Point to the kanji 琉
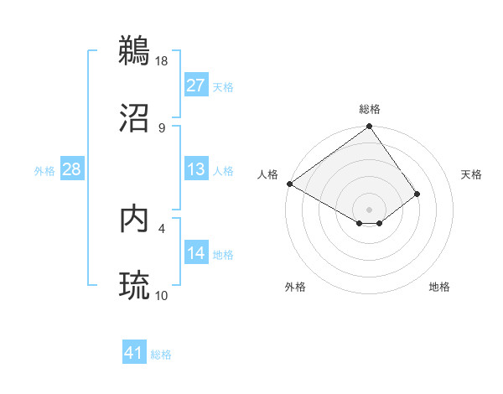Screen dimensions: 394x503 click(x=135, y=284)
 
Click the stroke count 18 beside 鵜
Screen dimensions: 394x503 click(x=162, y=60)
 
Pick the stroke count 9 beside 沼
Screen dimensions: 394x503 click(x=161, y=127)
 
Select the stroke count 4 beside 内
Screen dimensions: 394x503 click(x=161, y=228)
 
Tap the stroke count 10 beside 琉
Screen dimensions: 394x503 click(x=162, y=295)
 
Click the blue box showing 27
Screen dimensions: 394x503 click(x=195, y=86)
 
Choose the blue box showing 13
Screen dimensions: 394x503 click(x=195, y=169)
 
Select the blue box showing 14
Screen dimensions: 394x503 click(x=195, y=253)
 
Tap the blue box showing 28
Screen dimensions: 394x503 click(x=71, y=169)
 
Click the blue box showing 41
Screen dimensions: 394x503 click(x=134, y=353)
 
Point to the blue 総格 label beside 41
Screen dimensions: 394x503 click(x=161, y=355)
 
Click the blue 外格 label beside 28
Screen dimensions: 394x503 click(x=44, y=171)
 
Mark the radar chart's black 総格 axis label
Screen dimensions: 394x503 click(x=370, y=109)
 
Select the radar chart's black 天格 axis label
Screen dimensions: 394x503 click(x=471, y=174)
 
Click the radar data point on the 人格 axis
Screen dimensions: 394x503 click(x=289, y=184)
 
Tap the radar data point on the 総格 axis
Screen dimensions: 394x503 click(x=369, y=127)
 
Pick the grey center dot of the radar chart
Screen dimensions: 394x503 click(x=369, y=210)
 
